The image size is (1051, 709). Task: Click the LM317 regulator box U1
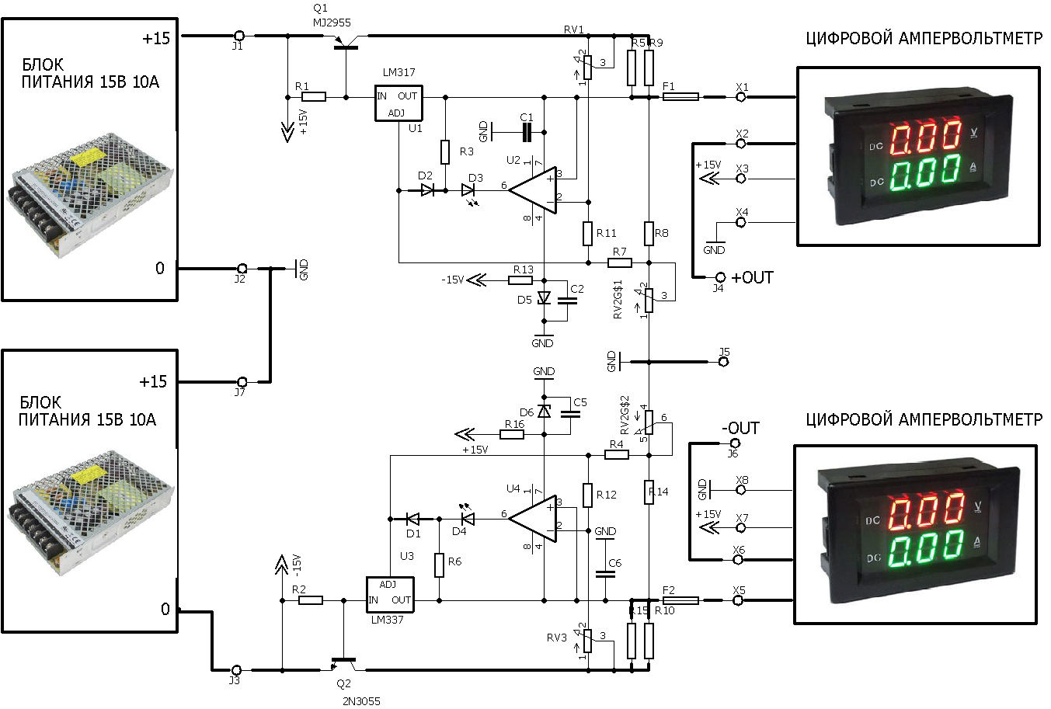click(x=398, y=103)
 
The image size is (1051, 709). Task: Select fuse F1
click(x=680, y=97)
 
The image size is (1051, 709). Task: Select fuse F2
click(x=680, y=600)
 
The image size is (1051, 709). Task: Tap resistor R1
click(x=314, y=97)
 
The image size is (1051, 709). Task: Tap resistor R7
click(x=619, y=263)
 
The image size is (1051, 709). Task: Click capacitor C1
click(x=527, y=133)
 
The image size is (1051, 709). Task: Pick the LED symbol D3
click(x=468, y=189)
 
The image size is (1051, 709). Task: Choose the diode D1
click(x=412, y=519)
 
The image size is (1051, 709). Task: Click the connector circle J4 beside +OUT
click(x=719, y=277)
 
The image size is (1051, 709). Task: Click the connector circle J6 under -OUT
click(x=733, y=443)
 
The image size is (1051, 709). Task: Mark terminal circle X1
click(x=742, y=97)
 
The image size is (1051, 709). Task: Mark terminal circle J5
click(x=723, y=362)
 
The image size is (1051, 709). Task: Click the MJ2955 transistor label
click(x=332, y=22)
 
